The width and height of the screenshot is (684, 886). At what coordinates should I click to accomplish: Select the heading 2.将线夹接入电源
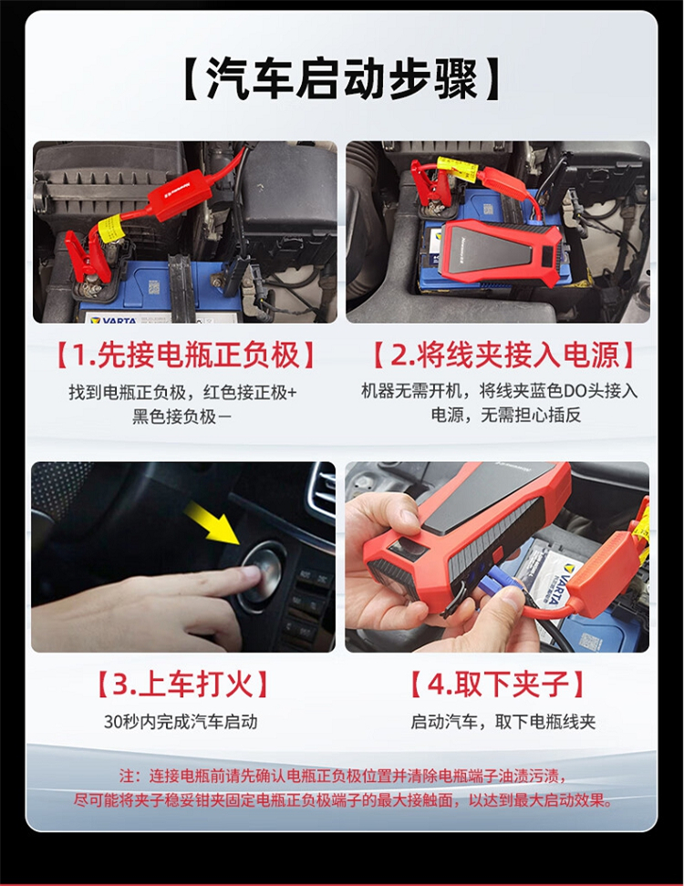pyautogui.click(x=503, y=356)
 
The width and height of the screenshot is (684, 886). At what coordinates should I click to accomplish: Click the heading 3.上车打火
pyautogui.click(x=183, y=685)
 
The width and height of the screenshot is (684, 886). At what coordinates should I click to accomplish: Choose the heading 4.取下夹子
pyautogui.click(x=497, y=685)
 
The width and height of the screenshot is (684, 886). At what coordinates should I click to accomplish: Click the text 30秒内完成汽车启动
pyautogui.click(x=181, y=722)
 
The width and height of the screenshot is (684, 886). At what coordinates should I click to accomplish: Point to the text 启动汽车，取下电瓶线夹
pyautogui.click(x=503, y=722)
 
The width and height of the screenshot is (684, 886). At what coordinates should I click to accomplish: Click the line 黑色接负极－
pyautogui.click(x=181, y=417)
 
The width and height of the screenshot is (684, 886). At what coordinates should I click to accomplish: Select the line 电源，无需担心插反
pyautogui.click(x=506, y=416)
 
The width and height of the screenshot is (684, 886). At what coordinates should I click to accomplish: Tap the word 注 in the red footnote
pyautogui.click(x=127, y=776)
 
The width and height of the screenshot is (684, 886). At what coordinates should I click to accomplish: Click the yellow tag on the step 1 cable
pyautogui.click(x=109, y=229)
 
